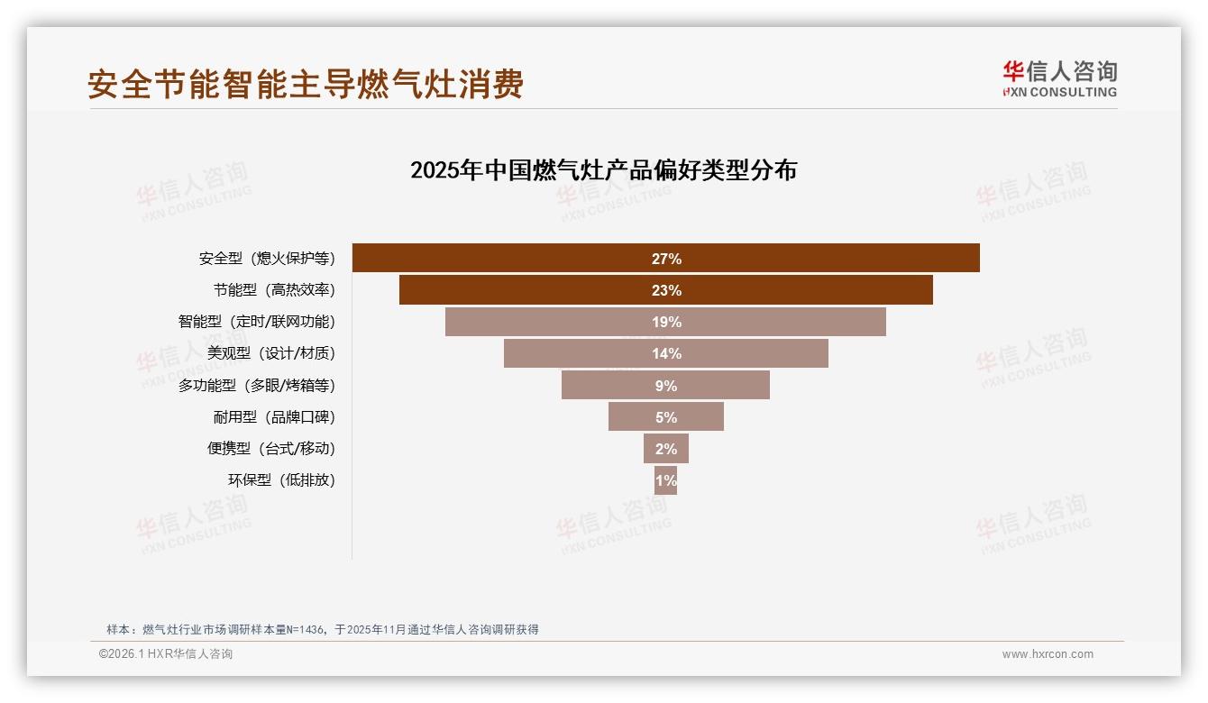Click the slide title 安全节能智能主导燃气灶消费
click(305, 85)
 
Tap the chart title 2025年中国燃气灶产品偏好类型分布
click(603, 170)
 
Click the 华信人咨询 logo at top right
click(1059, 79)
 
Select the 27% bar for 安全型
click(665, 259)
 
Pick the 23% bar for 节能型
click(665, 290)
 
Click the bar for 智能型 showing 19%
click(665, 322)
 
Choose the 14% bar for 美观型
click(665, 353)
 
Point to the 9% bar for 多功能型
click(665, 385)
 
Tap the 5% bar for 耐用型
click(665, 417)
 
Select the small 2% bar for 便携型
click(665, 449)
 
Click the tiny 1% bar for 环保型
click(665, 480)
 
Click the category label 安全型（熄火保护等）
click(267, 259)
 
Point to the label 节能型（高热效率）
click(274, 290)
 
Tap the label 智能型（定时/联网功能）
click(256, 322)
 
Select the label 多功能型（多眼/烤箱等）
click(256, 386)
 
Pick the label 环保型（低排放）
click(281, 480)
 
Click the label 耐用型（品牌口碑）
click(274, 417)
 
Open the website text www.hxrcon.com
click(1047, 654)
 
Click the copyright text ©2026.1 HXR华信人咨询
click(165, 654)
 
